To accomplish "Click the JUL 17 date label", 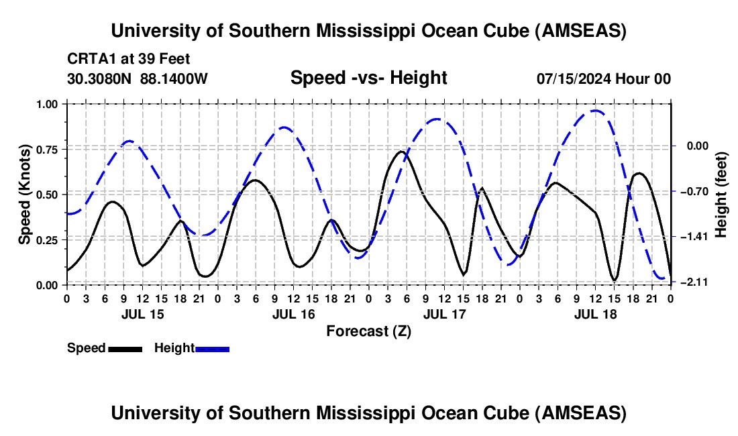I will pyautogui.click(x=444, y=313).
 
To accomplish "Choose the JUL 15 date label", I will pyautogui.click(x=142, y=313).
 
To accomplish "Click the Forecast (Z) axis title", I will pyautogui.click(x=368, y=331).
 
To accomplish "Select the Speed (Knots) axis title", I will pyautogui.click(x=25, y=195).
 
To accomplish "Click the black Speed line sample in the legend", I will pyautogui.click(x=125, y=348).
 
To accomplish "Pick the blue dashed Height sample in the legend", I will pyautogui.click(x=212, y=348).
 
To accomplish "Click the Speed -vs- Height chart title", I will pyautogui.click(x=368, y=78).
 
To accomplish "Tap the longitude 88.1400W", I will pyautogui.click(x=174, y=78).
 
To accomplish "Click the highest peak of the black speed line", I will pyautogui.click(x=401, y=152).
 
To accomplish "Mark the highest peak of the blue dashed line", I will pyautogui.click(x=595, y=110).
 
